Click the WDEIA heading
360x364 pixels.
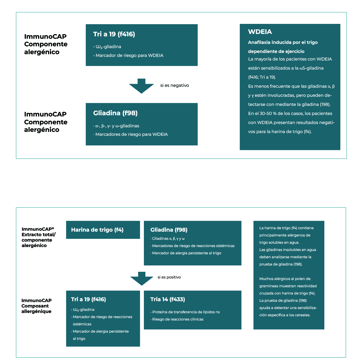(260, 32)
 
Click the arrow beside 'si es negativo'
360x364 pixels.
(141, 86)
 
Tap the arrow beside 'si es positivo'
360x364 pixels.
(141, 278)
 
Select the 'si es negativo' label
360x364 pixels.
(174, 86)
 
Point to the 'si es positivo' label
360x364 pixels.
(169, 277)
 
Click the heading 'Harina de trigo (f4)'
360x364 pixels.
(97, 230)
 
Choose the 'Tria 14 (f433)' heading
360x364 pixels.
(167, 299)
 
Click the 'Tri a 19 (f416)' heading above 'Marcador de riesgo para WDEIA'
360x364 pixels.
(114, 34)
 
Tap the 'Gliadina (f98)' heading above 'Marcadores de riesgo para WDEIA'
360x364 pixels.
(115, 113)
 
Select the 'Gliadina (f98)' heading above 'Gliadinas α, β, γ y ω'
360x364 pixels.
(169, 230)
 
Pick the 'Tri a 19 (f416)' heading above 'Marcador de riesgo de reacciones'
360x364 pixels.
(88, 299)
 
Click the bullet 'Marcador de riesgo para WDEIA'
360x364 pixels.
(129, 55)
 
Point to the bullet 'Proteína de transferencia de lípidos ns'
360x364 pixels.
(186, 312)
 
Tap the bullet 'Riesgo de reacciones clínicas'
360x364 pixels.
(177, 319)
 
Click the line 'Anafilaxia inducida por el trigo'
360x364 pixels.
(283, 42)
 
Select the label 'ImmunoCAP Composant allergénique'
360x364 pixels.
(36, 306)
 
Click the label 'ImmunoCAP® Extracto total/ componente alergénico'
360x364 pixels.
(38, 237)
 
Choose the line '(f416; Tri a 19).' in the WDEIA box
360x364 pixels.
(262, 77)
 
